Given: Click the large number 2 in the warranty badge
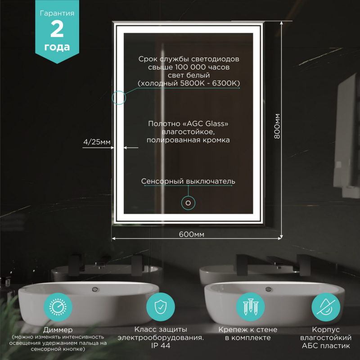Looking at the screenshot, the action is coord(57,29).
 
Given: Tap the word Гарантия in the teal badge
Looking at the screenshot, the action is coord(57,13).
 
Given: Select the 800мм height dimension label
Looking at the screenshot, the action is coord(277,126).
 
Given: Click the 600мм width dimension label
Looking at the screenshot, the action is coord(192,234).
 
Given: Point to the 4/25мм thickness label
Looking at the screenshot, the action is coord(97,142).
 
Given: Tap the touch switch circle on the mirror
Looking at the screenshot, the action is coord(188,203).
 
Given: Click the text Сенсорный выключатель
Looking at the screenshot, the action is coord(188,181).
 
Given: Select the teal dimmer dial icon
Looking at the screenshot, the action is coord(58,307).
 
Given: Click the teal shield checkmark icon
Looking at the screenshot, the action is coord(161,307).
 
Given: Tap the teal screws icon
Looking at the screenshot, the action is coord(251,307).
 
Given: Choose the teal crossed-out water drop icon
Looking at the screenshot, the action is coord(326,307).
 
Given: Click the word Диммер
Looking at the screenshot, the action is coord(58,330).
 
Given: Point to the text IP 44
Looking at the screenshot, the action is coord(161,346).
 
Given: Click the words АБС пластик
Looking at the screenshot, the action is coord(326,346).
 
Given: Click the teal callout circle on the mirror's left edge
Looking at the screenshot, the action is coord(119,98).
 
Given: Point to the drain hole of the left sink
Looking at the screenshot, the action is coord(95,289).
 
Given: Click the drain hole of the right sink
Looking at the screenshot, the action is coord(268,289).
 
